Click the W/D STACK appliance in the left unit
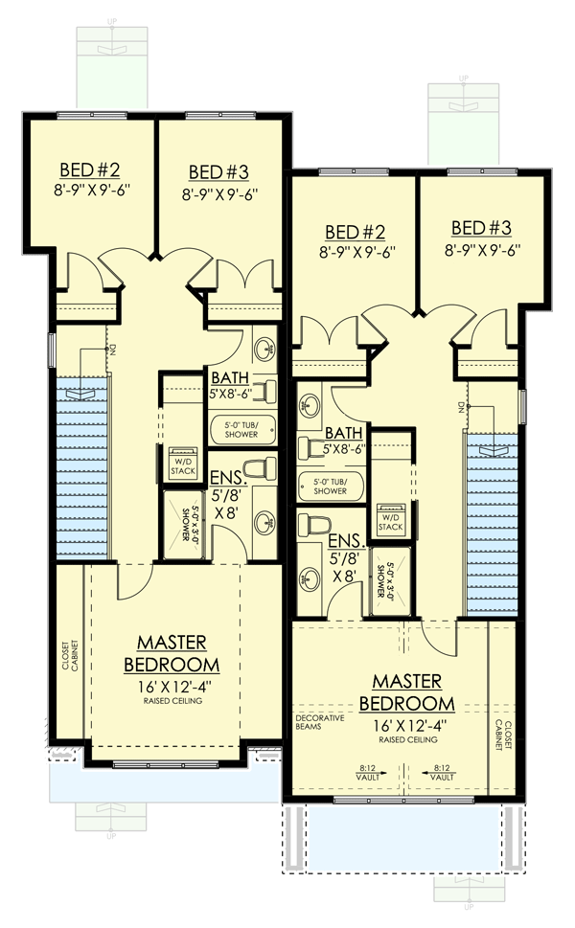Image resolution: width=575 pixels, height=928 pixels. (182, 462)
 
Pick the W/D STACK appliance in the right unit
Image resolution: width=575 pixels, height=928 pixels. (390, 516)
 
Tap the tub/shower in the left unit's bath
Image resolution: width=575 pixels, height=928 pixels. (242, 428)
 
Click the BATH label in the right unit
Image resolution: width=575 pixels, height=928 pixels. (341, 434)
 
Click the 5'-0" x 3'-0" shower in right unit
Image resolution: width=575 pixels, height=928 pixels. (386, 579)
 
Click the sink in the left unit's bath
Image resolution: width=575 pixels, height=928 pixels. (264, 347)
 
